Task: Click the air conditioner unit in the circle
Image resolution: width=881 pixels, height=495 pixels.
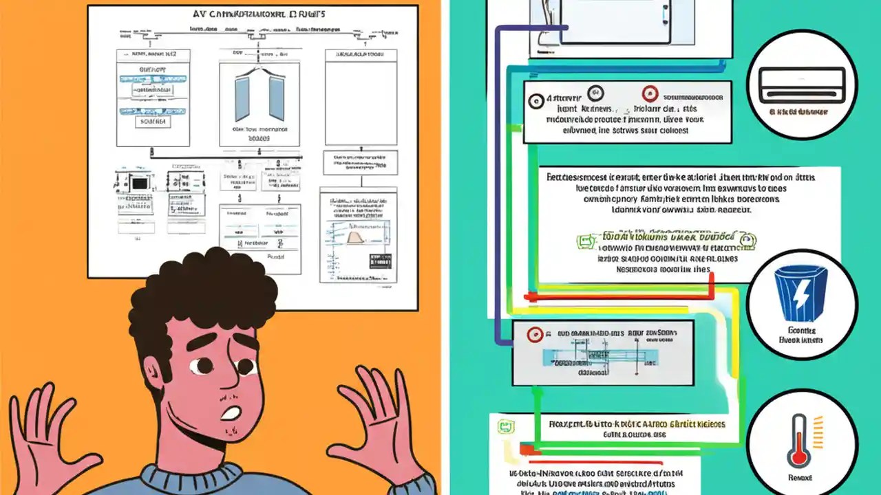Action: pos(802,85)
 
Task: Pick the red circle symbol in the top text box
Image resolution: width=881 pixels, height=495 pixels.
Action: pos(648,96)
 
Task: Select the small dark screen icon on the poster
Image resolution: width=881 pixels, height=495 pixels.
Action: pos(139,184)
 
